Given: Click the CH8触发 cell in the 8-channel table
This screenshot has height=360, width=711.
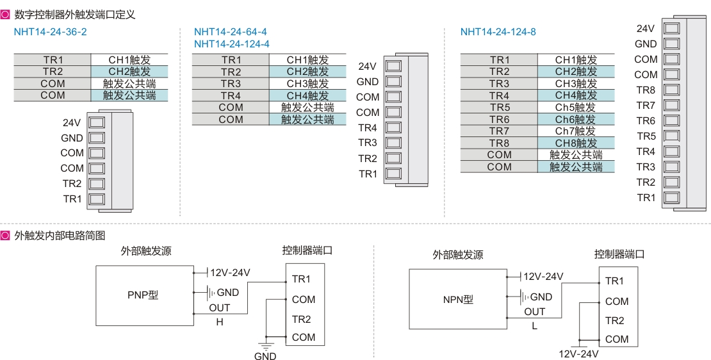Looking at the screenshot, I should click(575, 143).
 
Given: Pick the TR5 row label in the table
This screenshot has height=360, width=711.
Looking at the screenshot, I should click(499, 108).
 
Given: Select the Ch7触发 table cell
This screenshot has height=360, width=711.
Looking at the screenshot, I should click(575, 131).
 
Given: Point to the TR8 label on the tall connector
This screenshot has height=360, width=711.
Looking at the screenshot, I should click(646, 90).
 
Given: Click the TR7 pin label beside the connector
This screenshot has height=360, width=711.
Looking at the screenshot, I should click(646, 106).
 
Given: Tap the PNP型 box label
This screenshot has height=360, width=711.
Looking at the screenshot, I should click(143, 295).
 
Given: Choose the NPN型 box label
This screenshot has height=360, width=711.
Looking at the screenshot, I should click(458, 299).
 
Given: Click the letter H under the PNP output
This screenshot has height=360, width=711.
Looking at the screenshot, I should click(220, 322).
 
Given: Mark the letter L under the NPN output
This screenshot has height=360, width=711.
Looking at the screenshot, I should click(534, 325).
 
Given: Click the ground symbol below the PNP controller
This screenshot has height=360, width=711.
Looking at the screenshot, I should click(265, 347).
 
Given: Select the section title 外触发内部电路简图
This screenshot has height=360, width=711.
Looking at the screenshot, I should click(59, 236).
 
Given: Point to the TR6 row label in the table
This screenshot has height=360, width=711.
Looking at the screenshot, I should click(499, 120).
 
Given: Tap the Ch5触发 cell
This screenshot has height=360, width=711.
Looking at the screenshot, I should click(575, 108).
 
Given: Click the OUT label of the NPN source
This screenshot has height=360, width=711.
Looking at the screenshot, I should click(534, 312).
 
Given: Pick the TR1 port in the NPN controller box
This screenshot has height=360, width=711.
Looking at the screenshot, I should click(614, 281).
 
